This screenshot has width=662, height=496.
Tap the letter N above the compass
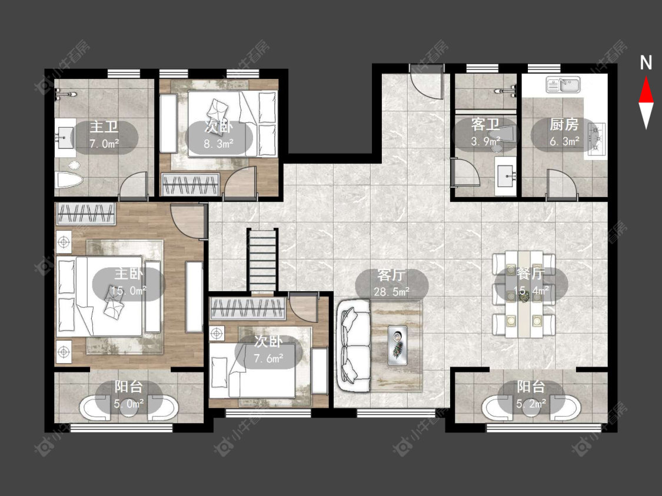pos(646,63)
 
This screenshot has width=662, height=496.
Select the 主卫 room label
pos(104,127)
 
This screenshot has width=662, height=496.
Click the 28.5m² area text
pos(391,291)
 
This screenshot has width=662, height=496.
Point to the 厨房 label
pos(564,125)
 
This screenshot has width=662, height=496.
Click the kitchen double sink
pos(563,84)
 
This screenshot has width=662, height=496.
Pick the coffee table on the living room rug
pos(398,343)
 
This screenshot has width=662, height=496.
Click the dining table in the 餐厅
pos(524,294)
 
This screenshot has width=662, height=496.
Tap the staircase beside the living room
pos(262,259)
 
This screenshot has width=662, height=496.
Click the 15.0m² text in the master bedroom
pos(129,291)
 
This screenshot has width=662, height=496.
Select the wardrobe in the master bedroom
pos(87,214)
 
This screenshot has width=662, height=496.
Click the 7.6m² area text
pos(268,358)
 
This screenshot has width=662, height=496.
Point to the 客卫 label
pos(485,125)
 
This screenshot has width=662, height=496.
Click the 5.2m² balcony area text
pos(531,404)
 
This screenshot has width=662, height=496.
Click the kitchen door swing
pos(561,184)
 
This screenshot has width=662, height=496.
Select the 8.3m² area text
pos(219,144)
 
